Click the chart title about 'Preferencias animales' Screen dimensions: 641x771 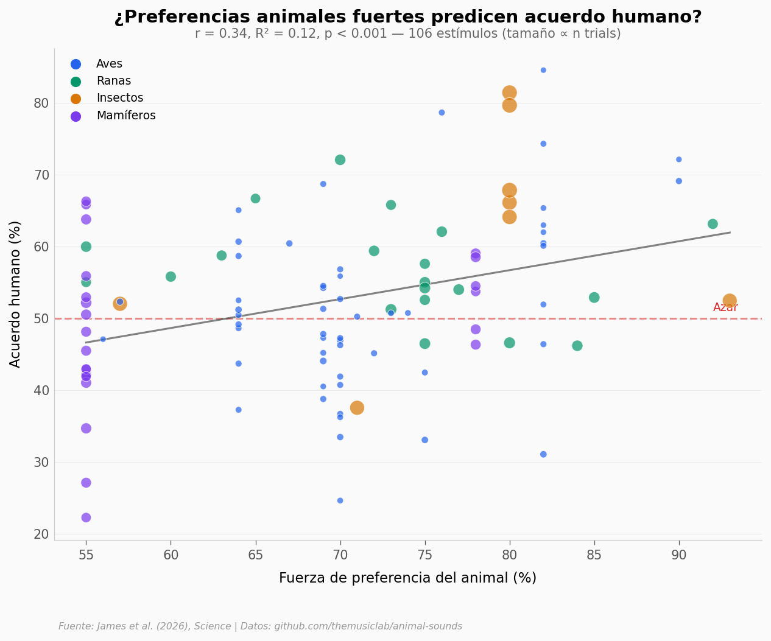407,17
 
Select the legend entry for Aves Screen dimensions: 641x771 109,64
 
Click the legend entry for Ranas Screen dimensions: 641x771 113,81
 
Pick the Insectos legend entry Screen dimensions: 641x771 119,98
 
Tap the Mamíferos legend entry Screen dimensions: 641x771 125,116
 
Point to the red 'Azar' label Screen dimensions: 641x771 725,307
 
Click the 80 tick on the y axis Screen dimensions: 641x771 41,103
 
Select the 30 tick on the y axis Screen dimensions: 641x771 41,463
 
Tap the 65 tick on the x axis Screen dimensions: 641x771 255,555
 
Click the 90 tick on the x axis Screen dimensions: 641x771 678,555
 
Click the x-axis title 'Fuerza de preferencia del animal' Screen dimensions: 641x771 407,578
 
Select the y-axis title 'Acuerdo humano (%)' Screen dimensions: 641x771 15,294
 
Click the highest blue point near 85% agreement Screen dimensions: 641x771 543,70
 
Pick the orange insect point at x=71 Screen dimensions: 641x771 357,408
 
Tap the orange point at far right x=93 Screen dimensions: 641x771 730,301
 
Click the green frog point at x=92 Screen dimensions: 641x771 713,224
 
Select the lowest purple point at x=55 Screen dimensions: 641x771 86,517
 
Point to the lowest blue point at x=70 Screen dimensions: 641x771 340,500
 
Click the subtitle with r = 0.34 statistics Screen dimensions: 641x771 407,34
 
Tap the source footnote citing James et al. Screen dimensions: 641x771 260,626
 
